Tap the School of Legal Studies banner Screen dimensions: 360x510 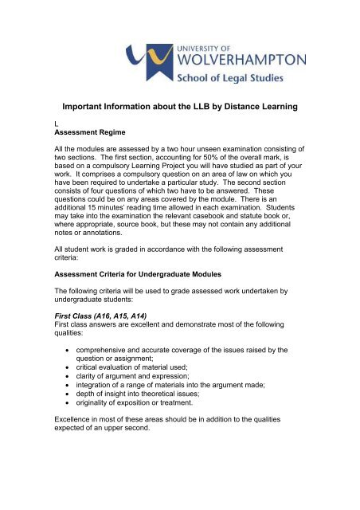click(240, 77)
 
